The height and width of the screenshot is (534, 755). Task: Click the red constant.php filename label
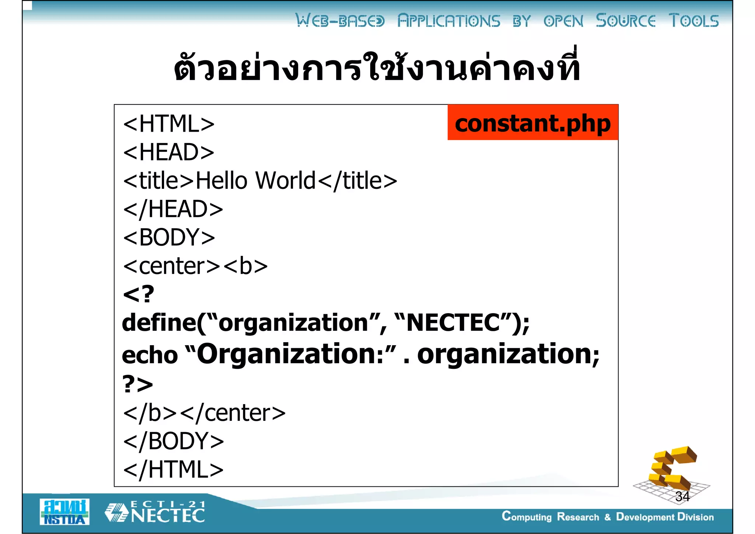click(533, 123)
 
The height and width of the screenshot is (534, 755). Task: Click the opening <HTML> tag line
click(169, 124)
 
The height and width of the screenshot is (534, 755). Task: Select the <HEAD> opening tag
click(169, 152)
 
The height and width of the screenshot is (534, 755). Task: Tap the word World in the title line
click(285, 181)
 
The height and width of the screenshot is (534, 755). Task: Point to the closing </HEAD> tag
click(173, 209)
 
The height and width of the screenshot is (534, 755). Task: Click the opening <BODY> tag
click(169, 237)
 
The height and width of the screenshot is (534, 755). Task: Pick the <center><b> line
click(195, 266)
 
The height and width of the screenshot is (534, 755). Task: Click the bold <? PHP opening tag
click(138, 294)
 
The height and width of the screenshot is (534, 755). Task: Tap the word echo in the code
click(150, 355)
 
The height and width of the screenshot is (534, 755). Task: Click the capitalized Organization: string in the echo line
click(291, 354)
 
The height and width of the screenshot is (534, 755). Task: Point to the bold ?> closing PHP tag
click(138, 384)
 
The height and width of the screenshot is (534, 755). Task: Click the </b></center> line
click(204, 413)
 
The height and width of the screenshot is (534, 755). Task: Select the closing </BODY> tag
click(174, 441)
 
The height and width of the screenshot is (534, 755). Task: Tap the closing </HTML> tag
click(173, 469)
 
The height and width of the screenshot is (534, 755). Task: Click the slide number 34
click(682, 496)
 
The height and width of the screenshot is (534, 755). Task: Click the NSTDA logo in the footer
click(65, 512)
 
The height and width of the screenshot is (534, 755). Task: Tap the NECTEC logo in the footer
click(155, 512)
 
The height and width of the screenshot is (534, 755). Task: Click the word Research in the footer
click(578, 517)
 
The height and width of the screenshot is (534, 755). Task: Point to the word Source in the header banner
click(626, 21)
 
